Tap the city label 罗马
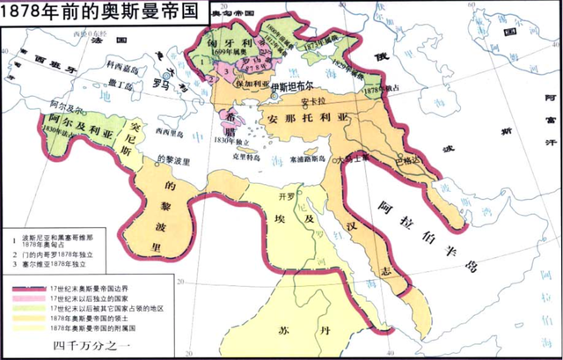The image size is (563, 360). coord(160,86)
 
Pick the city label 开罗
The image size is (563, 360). coord(284,195)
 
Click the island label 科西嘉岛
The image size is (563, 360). coord(122,65)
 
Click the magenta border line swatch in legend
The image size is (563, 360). coord(29,287)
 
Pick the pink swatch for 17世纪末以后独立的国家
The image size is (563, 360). coord(29,298)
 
